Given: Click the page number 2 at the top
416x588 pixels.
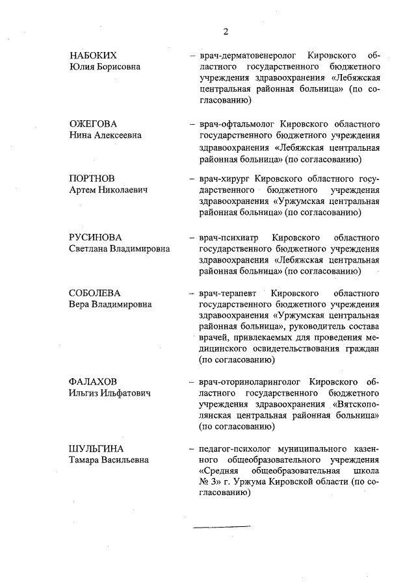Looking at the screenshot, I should [226, 31].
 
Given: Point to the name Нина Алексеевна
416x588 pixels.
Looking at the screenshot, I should [105, 135].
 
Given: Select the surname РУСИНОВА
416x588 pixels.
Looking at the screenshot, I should [95, 236].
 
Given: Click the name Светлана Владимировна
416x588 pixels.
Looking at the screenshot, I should [120, 248].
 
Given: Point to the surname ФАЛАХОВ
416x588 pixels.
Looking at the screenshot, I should [94, 381].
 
